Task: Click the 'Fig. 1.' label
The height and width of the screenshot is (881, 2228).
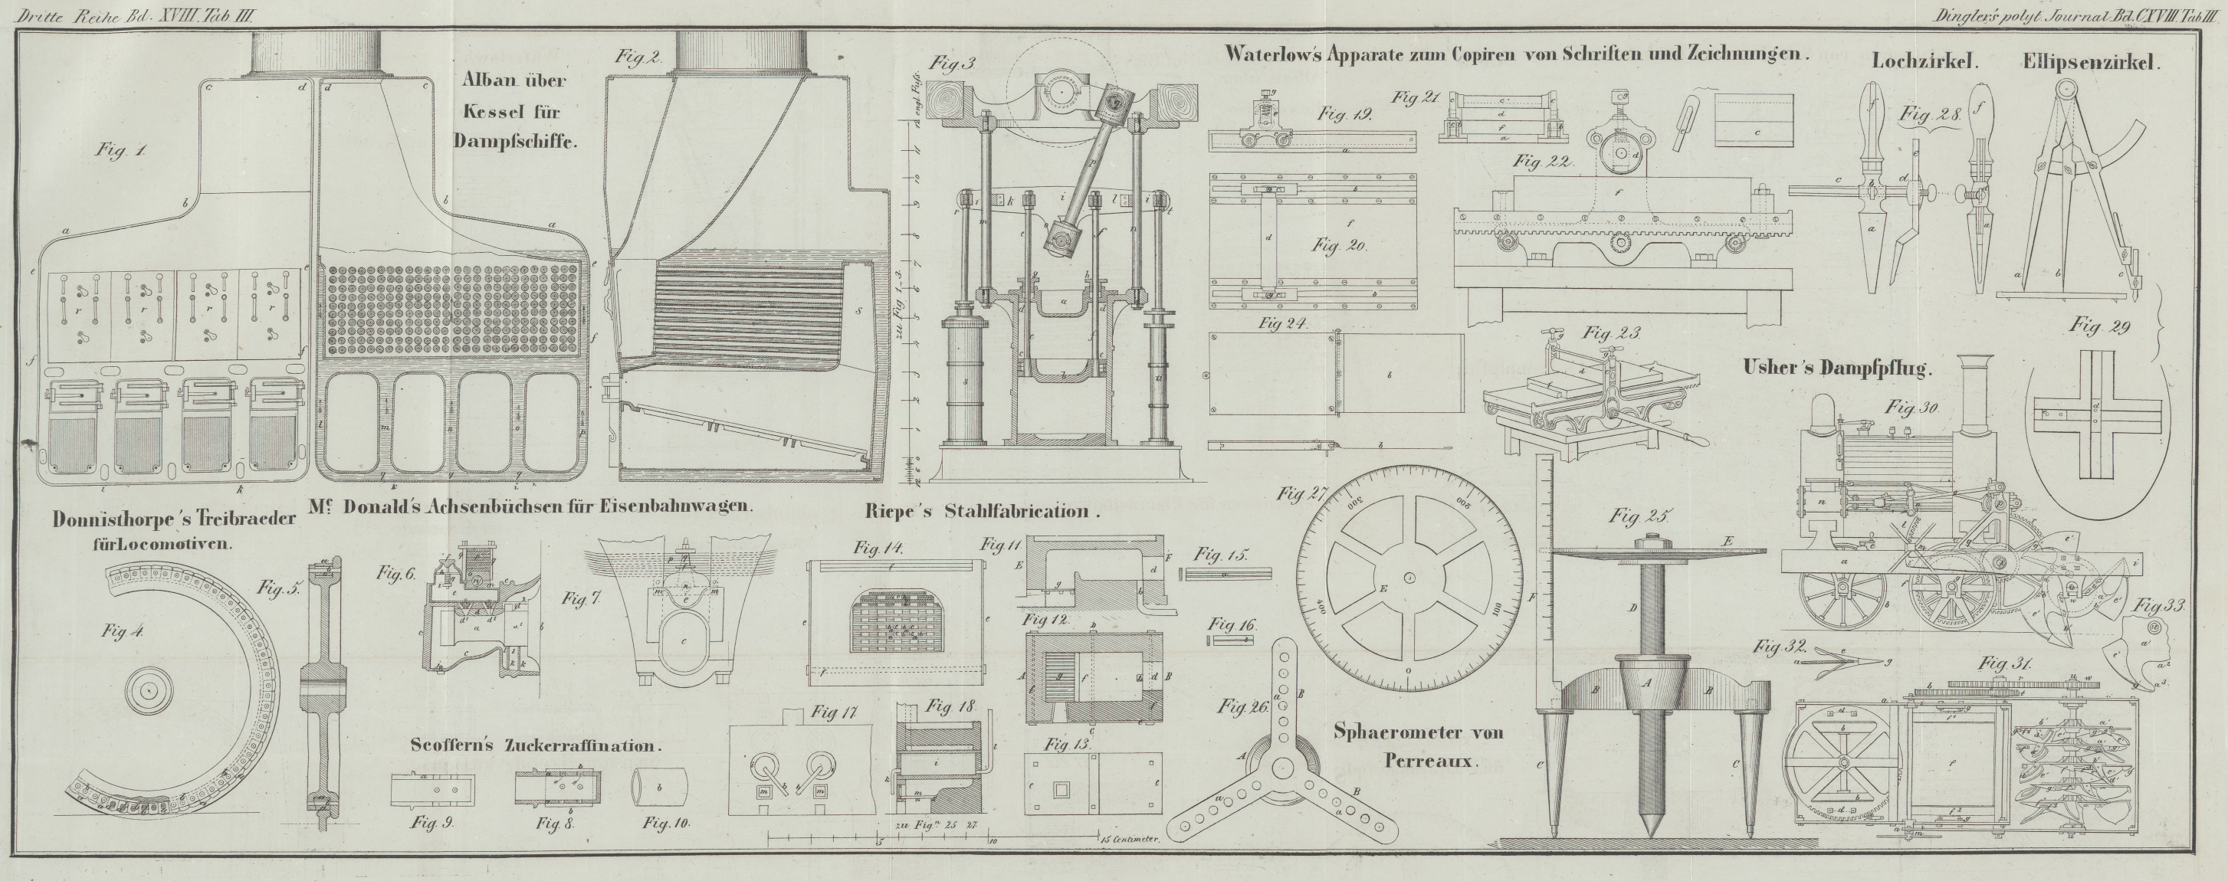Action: click(121, 150)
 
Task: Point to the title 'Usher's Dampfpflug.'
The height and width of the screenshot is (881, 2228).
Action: click(1836, 368)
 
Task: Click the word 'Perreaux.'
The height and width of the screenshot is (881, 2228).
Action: click(1432, 761)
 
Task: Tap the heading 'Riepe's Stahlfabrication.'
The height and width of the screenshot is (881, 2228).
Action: click(982, 511)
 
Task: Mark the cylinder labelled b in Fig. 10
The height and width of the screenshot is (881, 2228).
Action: click(661, 787)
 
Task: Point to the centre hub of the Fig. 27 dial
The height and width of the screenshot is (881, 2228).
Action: click(1409, 576)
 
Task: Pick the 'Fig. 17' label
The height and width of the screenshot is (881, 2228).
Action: click(834, 713)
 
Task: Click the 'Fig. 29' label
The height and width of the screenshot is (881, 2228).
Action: click(2098, 327)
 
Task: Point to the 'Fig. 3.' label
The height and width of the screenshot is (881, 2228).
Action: click(952, 62)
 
